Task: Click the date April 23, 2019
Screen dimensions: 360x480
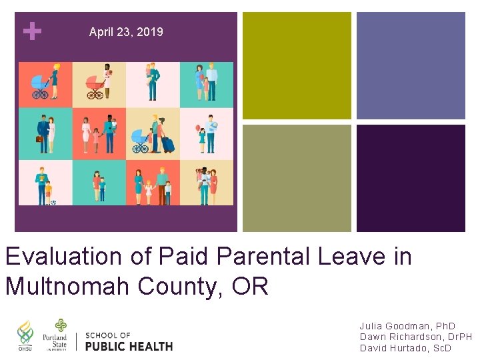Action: click(126, 32)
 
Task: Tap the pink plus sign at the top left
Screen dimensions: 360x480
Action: click(31, 31)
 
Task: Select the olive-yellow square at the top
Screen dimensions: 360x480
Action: click(297, 65)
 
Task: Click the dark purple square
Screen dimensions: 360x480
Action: click(411, 178)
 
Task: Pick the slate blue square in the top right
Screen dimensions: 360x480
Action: click(411, 65)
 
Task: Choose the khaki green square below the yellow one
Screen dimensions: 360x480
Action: click(297, 178)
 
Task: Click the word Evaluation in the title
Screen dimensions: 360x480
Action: click(63, 256)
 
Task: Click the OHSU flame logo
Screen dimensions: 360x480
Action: click(25, 336)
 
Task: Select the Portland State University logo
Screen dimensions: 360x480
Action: click(55, 335)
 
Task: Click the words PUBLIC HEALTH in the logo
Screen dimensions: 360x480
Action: click(129, 346)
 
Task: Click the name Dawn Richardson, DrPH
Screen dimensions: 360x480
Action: click(415, 337)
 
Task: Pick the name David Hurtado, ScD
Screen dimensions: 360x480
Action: click(405, 348)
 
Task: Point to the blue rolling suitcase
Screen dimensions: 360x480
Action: click(167, 144)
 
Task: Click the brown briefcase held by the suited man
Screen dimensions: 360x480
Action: click(39, 139)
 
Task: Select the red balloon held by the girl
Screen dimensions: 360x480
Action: click(197, 127)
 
